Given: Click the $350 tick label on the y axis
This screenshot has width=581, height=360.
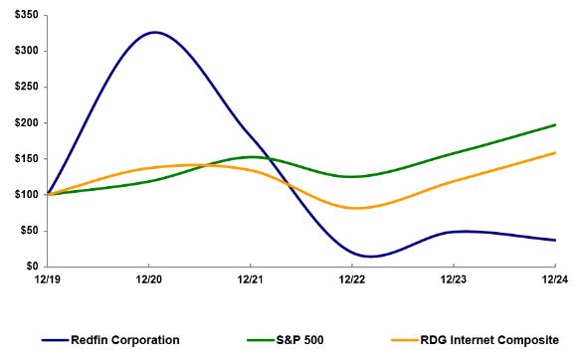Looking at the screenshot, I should tap(21, 16).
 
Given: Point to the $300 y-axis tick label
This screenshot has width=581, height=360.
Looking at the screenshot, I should tap(21, 52).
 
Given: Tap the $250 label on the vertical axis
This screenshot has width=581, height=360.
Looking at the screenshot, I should tap(21, 88).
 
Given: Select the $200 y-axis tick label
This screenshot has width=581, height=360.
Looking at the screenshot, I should tap(21, 123).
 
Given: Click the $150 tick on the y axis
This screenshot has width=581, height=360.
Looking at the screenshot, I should tap(21, 159).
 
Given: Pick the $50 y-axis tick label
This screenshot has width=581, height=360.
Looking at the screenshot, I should tap(24, 231).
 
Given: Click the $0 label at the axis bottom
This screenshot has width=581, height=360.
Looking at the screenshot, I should tap(27, 267).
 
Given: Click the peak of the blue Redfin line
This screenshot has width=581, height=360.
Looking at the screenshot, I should tap(154, 32).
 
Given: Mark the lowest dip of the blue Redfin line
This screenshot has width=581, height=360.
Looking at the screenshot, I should tap(369, 257).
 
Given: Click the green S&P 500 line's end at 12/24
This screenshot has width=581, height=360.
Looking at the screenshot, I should tap(555, 124).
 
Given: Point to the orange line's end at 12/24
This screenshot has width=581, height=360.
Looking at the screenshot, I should tap(555, 152).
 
